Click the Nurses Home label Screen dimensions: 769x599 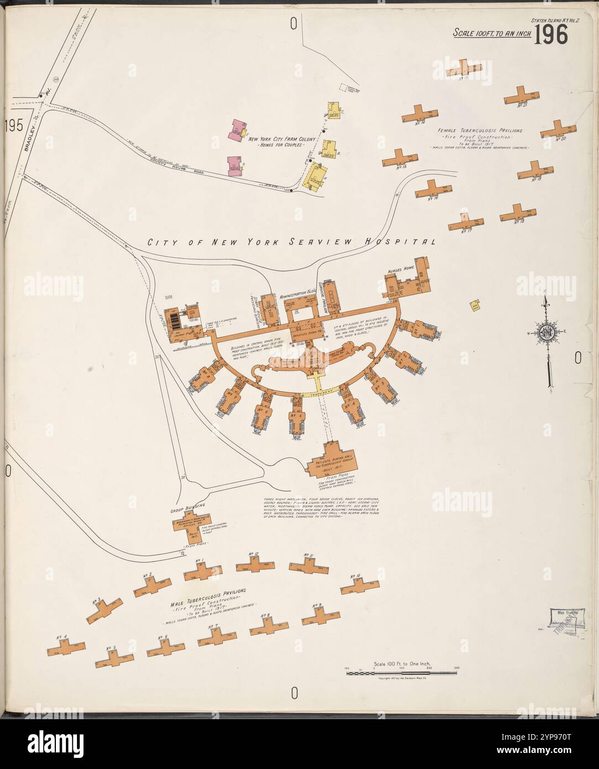(402, 271)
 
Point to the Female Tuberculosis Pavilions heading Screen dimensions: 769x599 (480, 131)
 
